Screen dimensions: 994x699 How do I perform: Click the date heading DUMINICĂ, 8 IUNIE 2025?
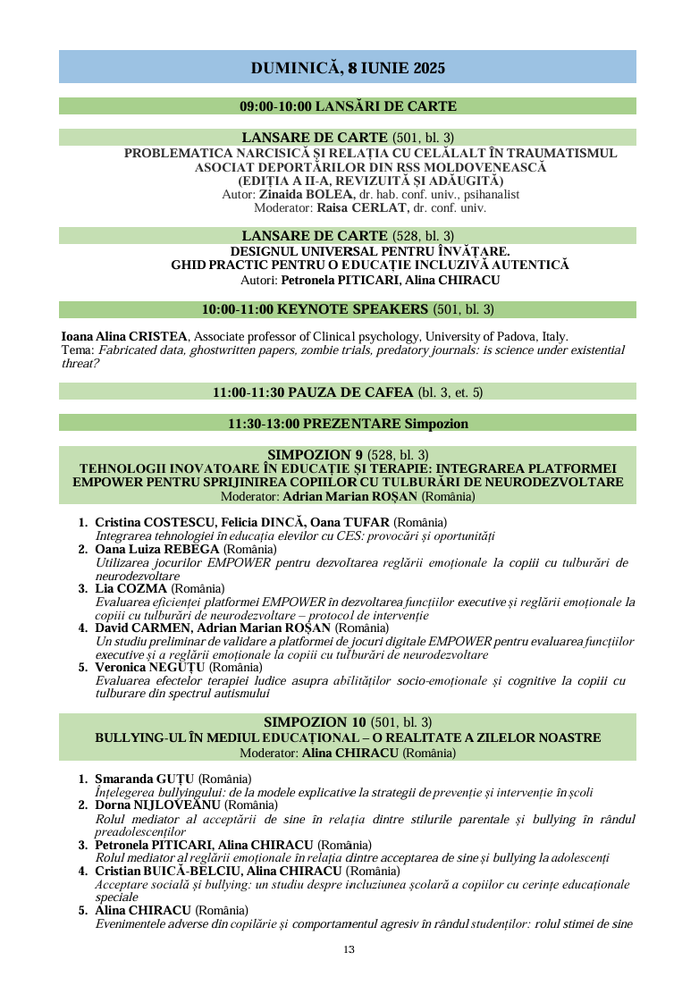[348, 68]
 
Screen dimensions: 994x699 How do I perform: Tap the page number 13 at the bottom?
[349, 949]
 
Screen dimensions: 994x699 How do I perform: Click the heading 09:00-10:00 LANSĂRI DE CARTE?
[348, 106]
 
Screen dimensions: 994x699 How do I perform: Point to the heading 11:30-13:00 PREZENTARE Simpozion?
[348, 423]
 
